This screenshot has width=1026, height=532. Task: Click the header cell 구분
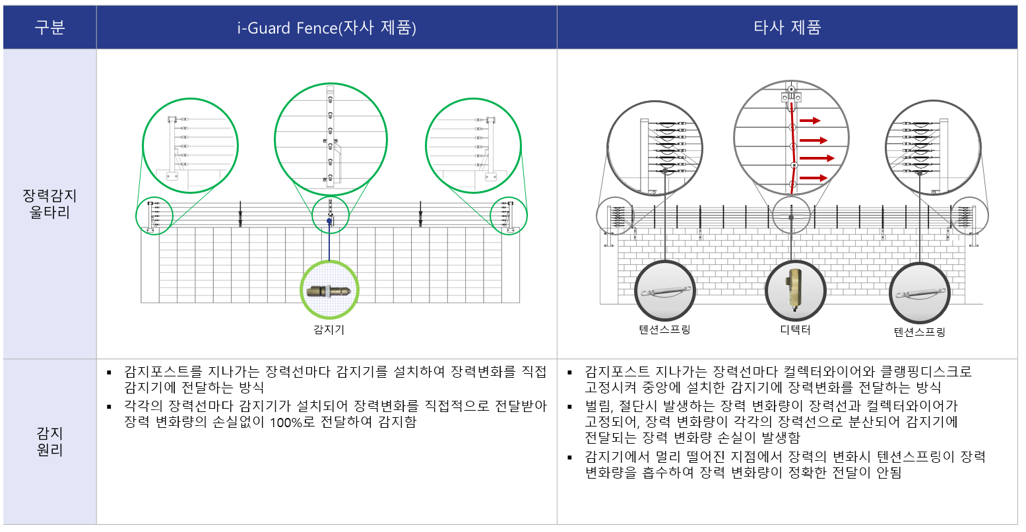coord(50,28)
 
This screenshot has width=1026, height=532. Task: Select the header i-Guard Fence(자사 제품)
coord(327,28)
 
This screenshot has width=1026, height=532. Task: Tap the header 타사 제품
coord(787,28)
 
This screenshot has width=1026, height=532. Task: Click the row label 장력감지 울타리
coord(50,204)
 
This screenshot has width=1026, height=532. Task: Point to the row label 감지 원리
coord(50,441)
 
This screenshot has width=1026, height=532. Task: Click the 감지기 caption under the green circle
coord(329,330)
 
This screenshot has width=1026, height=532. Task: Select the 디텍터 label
coord(796,330)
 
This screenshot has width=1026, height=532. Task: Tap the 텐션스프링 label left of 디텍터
coord(664,330)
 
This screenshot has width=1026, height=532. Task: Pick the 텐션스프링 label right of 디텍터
coord(920,332)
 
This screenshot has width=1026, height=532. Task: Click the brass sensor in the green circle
coord(329,291)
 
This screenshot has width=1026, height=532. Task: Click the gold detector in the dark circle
coord(795,290)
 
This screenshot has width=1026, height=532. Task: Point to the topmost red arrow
coord(810,121)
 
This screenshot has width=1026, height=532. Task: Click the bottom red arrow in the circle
coord(814,177)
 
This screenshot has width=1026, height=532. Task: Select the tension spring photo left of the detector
coord(665,291)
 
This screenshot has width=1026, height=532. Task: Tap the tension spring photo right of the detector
coord(920,293)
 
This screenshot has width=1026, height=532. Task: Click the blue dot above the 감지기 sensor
coord(329,221)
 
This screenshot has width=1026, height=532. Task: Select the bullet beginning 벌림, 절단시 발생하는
coord(771,422)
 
